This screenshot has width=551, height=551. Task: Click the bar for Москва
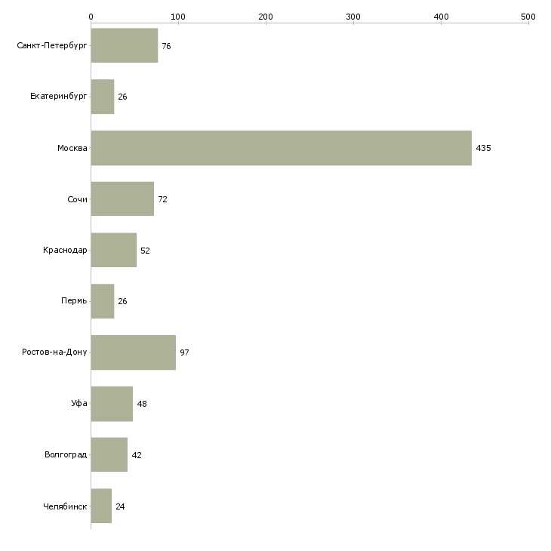281,148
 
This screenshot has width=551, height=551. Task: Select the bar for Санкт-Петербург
124,46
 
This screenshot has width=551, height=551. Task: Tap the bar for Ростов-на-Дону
133,352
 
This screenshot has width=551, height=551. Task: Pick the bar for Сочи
122,199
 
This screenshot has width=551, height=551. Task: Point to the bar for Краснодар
113,250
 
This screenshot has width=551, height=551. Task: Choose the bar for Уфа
112,404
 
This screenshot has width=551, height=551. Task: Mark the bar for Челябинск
101,506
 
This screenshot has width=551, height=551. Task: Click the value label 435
483,148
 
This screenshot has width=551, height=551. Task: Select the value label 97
184,352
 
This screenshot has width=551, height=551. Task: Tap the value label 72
162,199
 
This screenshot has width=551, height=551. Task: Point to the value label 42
137,455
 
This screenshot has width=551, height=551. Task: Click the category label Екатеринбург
59,97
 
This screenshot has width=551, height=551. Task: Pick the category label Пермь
74,301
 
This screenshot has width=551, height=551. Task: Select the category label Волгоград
66,455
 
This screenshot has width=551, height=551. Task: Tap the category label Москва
72,148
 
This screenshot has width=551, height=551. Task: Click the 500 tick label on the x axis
528,16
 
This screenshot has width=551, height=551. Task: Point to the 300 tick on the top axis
353,16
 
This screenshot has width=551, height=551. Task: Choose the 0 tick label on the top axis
91,16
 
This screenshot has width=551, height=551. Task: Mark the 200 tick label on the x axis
266,16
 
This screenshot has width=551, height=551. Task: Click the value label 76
166,46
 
